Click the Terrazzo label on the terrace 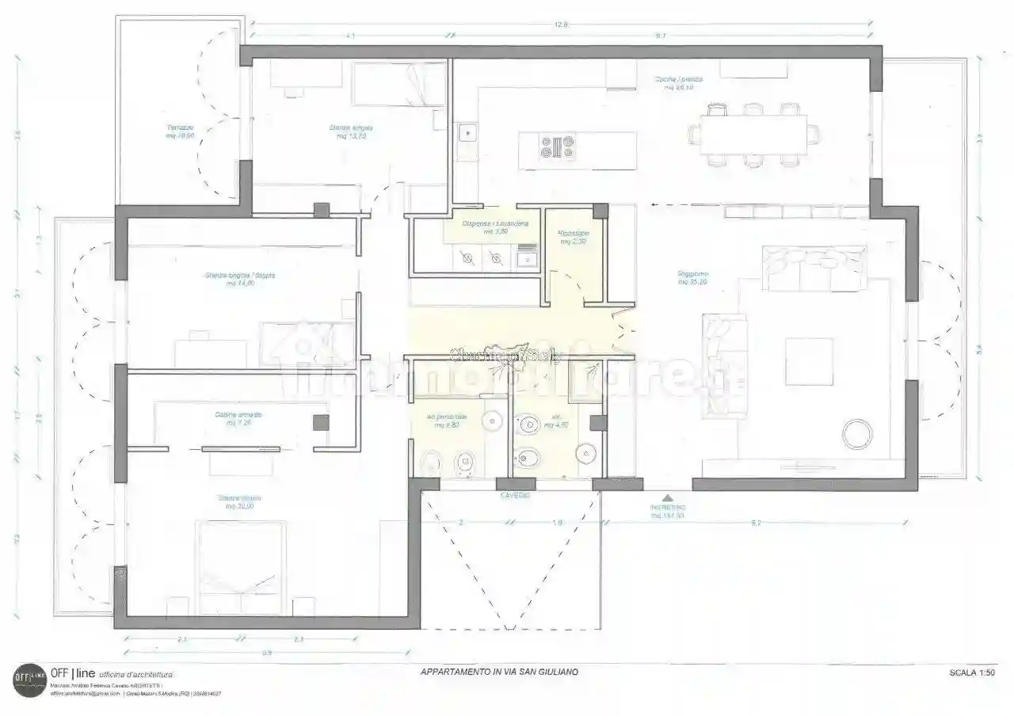[x=180, y=131]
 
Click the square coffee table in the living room [x=809, y=361]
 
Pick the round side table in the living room [x=856, y=435]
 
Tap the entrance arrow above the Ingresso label [x=668, y=496]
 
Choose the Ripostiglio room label [x=573, y=237]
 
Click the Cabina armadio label [x=238, y=418]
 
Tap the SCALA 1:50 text [x=971, y=672]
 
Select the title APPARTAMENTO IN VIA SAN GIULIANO [x=499, y=672]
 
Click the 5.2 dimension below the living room [x=756, y=523]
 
